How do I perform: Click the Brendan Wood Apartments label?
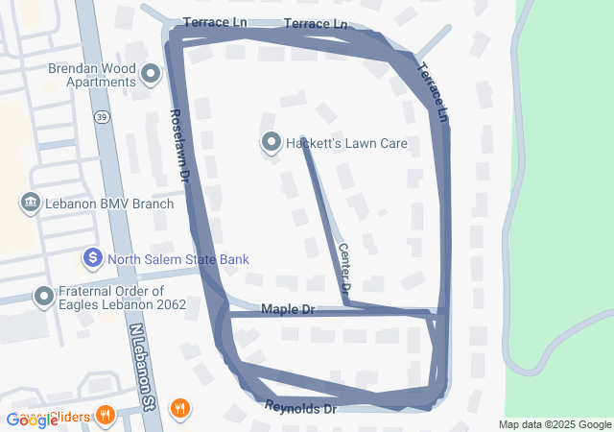tap(92, 75)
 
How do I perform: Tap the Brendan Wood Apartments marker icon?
tap(151, 74)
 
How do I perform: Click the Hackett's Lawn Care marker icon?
tap(271, 144)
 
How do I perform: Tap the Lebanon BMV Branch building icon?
tap(30, 204)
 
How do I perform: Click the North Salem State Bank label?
tap(177, 259)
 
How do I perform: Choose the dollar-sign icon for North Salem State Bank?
tap(93, 258)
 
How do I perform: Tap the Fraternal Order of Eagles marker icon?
tap(43, 297)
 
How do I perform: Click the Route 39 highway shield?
tap(101, 116)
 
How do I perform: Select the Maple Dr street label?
tap(288, 310)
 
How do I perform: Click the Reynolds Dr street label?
tap(302, 408)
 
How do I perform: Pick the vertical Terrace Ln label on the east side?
tap(434, 92)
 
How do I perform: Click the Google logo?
tap(32, 420)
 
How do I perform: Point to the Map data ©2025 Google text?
tap(555, 425)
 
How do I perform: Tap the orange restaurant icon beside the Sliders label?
tap(106, 417)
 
